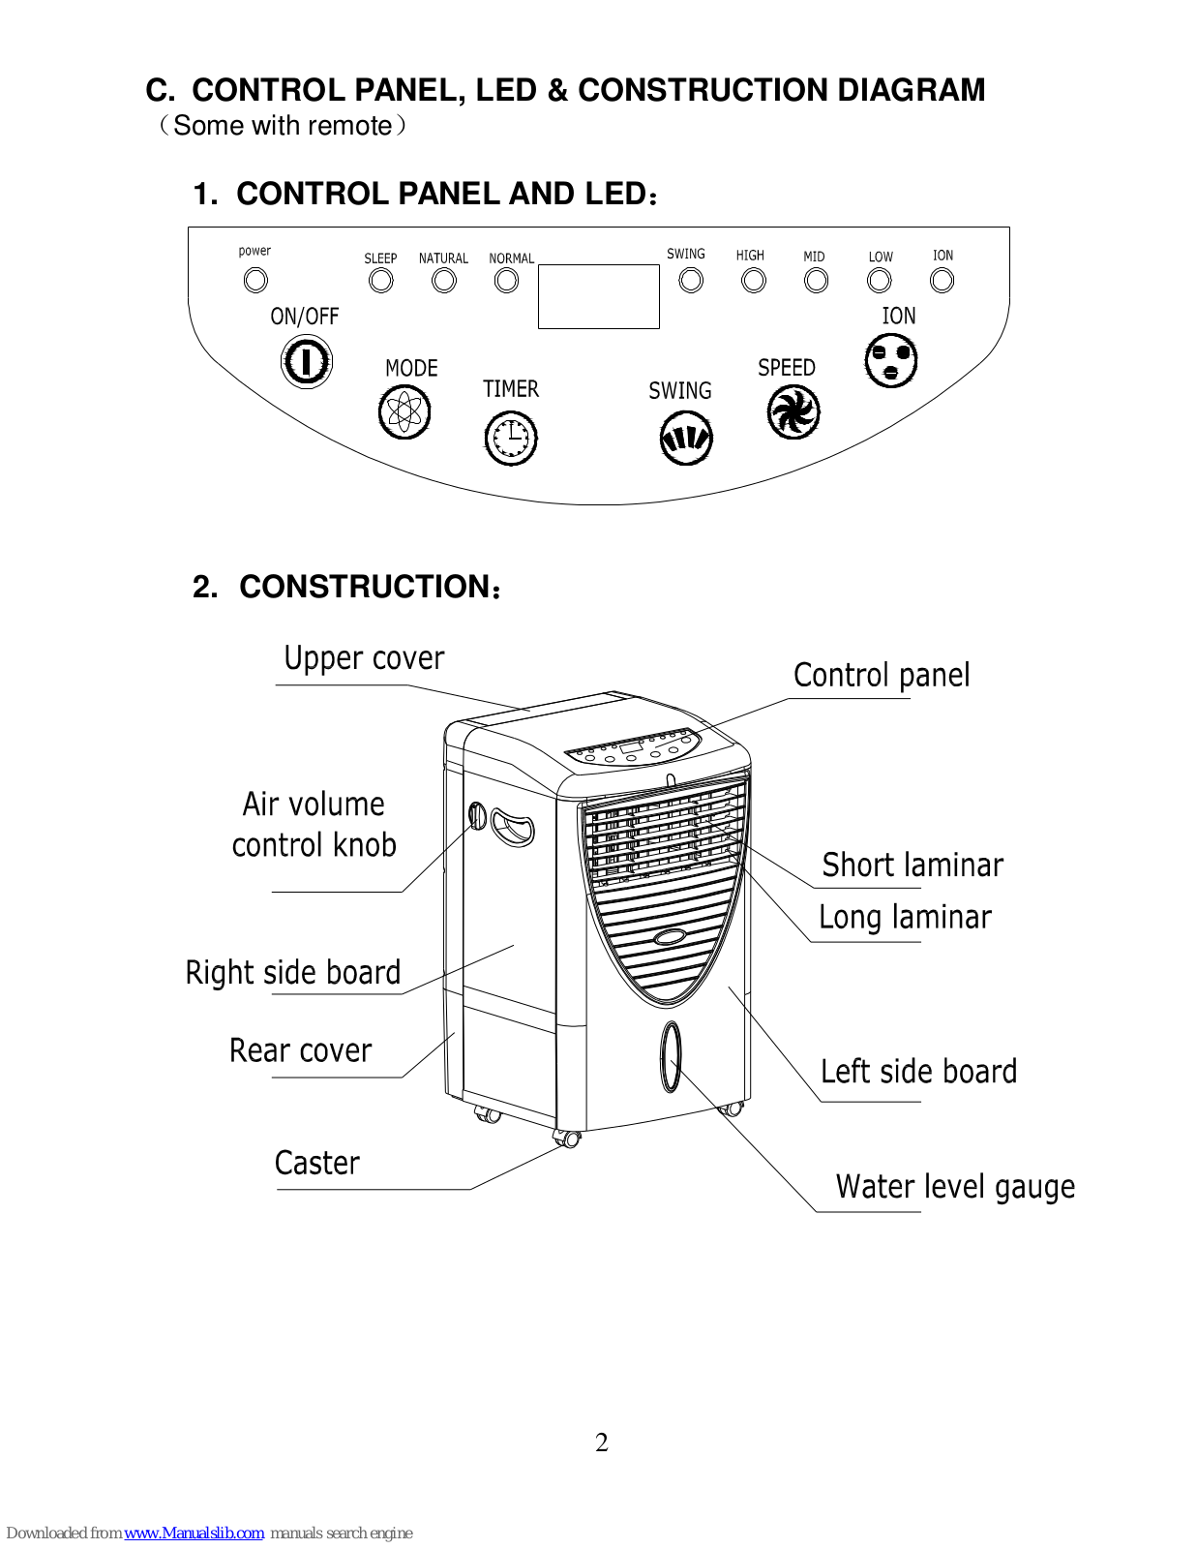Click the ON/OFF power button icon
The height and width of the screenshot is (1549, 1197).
tap(307, 362)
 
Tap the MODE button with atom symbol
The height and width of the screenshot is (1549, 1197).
tap(404, 412)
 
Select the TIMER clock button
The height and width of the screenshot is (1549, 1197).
tap(511, 439)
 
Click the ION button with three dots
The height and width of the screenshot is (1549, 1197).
tap(891, 361)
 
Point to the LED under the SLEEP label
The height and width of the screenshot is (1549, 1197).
tap(380, 282)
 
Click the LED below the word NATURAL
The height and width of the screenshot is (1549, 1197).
tap(444, 282)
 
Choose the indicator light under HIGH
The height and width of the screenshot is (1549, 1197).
tap(753, 281)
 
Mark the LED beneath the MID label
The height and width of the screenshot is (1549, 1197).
tap(816, 281)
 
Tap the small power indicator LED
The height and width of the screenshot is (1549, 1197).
tap(255, 280)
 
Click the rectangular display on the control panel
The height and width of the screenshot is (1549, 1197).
tap(598, 296)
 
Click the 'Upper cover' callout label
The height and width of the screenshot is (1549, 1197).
tap(364, 658)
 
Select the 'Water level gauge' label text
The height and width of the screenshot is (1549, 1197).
tap(955, 1187)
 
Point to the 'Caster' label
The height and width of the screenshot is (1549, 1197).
tap(317, 1163)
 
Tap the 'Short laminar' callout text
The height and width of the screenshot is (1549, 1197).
tap(913, 865)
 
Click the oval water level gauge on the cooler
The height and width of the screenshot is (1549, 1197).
tap(671, 1056)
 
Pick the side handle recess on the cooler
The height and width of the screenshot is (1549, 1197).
tap(512, 827)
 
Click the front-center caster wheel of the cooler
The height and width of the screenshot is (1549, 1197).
tap(568, 1139)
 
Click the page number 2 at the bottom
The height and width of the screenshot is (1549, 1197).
tap(601, 1443)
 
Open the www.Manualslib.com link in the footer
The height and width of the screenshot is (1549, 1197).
tap(194, 1533)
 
